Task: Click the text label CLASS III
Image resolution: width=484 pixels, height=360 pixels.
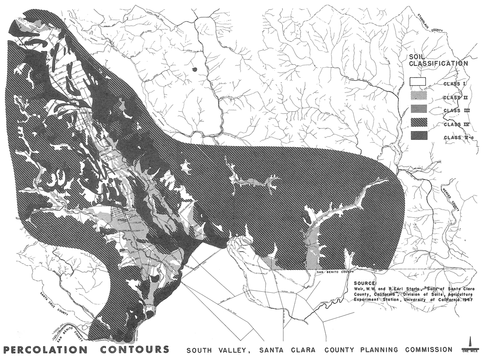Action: [454, 111]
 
